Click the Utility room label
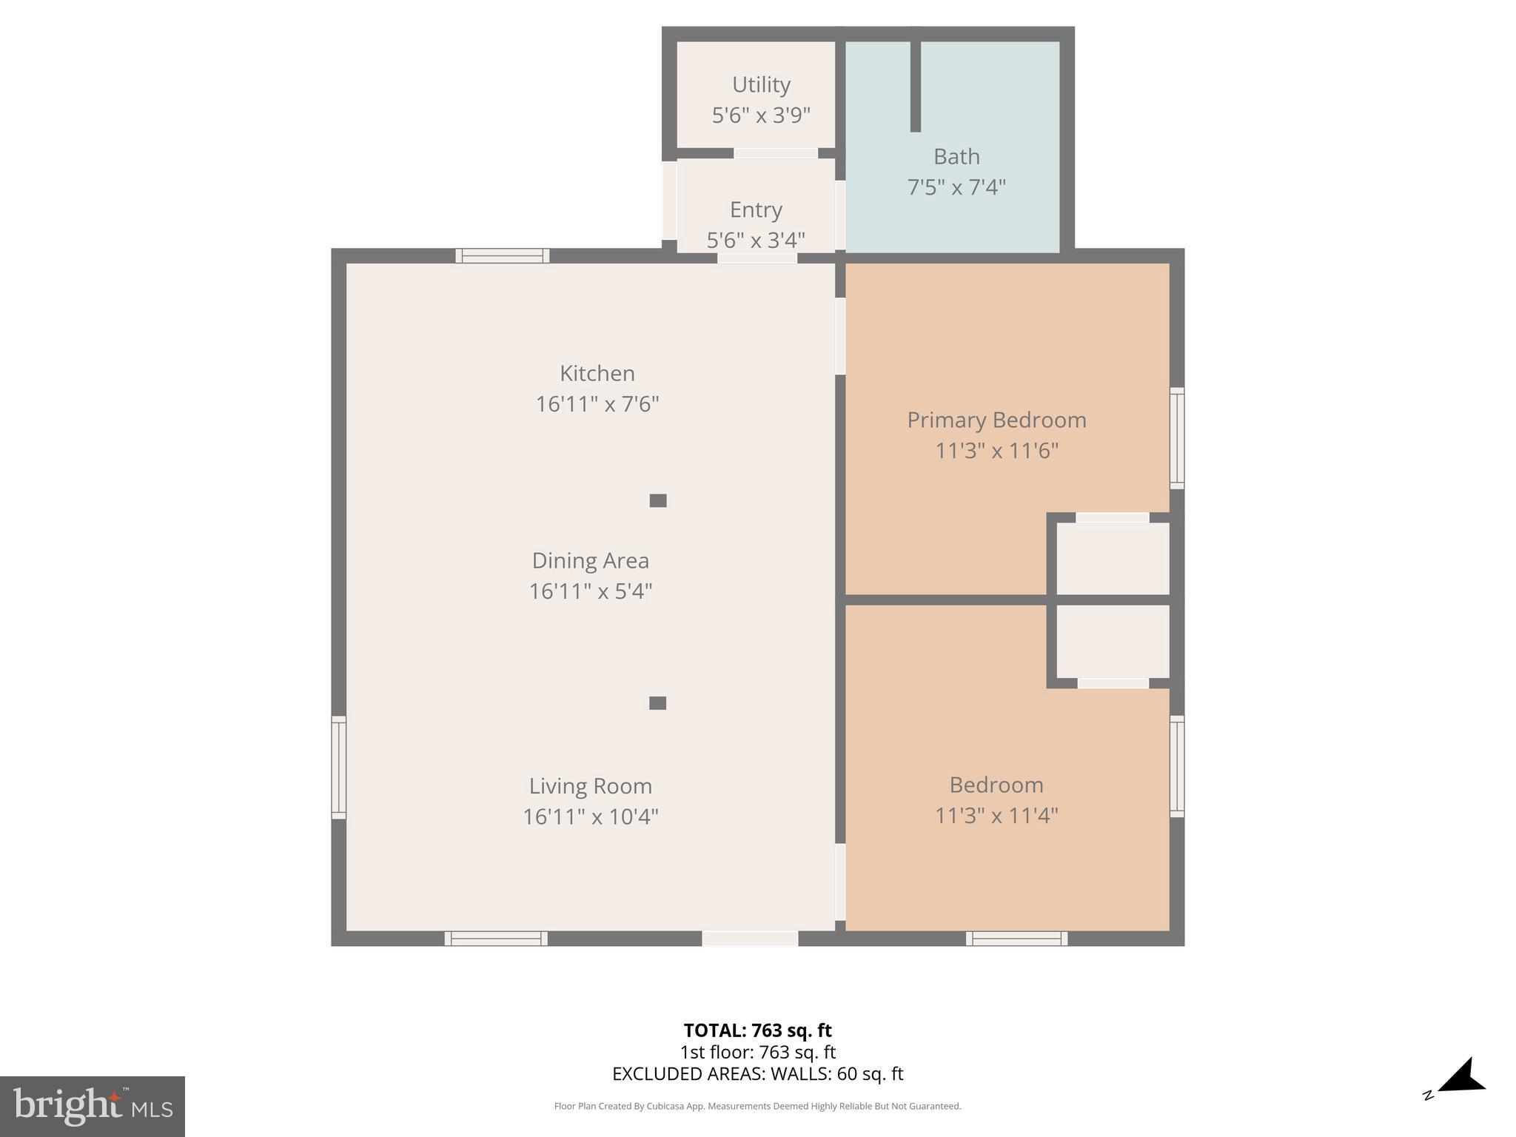point(761,84)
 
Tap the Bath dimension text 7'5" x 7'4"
point(956,187)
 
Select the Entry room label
point(756,209)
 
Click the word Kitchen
point(597,373)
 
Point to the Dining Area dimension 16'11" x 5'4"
point(590,591)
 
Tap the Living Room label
point(590,785)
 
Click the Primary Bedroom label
point(996,420)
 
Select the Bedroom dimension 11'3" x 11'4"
point(996,816)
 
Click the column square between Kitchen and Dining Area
point(658,500)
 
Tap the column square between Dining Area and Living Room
point(657,703)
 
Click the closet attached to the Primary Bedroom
point(1112,558)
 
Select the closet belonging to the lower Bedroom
point(1112,641)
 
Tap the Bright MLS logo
point(93,1106)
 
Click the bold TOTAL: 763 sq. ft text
point(757,1030)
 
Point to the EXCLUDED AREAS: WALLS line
point(757,1073)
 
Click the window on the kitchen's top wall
point(502,256)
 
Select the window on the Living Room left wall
point(338,767)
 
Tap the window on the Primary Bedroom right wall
point(1176,438)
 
